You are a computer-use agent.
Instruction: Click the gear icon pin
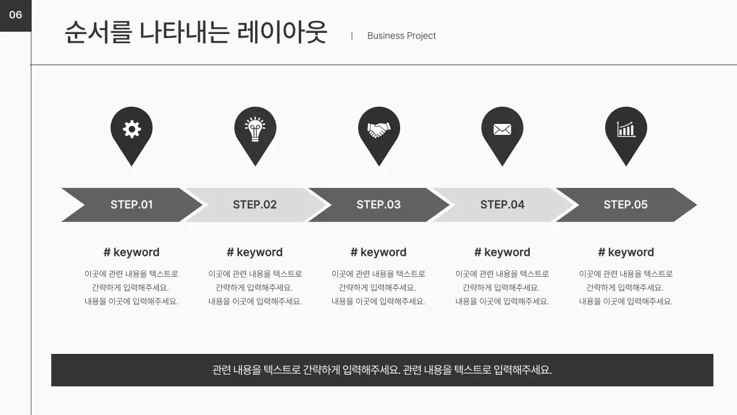click(x=132, y=129)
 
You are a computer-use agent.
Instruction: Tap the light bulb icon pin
click(x=255, y=129)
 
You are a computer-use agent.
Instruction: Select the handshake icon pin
click(x=379, y=129)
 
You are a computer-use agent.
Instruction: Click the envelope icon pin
click(x=502, y=129)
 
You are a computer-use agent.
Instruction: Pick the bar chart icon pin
click(x=626, y=129)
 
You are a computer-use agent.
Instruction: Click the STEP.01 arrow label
click(x=132, y=205)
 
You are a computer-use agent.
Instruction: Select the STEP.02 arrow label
click(x=254, y=205)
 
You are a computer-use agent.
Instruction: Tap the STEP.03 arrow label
click(x=378, y=205)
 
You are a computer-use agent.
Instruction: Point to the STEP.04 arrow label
click(x=502, y=205)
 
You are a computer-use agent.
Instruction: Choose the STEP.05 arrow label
click(x=625, y=205)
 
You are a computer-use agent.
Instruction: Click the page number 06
click(x=16, y=15)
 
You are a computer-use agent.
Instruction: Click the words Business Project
click(x=401, y=36)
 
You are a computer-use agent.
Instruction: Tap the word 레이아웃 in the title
click(x=282, y=32)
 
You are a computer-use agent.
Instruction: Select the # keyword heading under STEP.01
click(x=131, y=252)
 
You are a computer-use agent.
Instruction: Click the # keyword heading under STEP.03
click(x=378, y=252)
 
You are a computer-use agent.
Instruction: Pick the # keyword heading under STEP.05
click(x=626, y=252)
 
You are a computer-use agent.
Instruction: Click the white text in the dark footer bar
click(x=382, y=370)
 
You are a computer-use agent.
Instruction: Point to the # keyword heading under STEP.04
click(x=502, y=252)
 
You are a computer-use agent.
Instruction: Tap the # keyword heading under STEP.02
click(x=254, y=252)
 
